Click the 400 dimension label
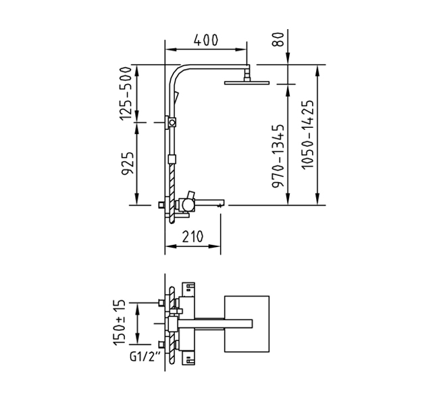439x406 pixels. [206, 40]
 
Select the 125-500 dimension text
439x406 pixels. [126, 93]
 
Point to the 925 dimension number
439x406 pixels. [128, 163]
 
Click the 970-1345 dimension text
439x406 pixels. [278, 156]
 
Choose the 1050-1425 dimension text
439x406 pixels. [307, 135]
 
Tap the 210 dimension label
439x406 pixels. [192, 237]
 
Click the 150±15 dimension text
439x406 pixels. [118, 323]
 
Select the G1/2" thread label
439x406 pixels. [146, 357]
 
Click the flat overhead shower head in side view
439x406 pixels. [247, 83]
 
